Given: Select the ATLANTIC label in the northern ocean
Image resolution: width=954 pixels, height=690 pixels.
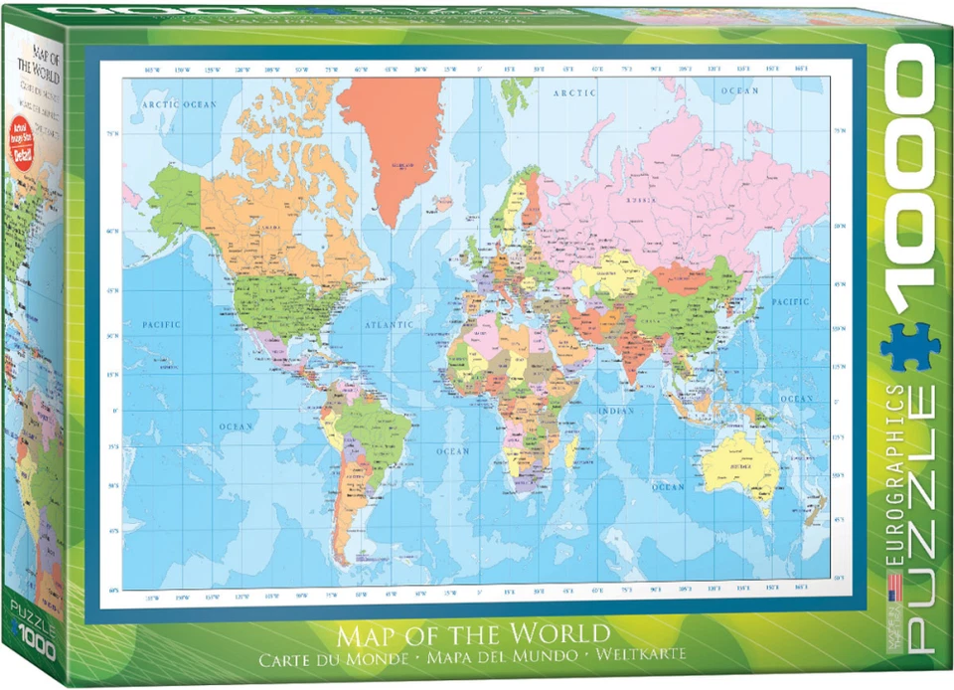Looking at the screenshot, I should [x=389, y=325].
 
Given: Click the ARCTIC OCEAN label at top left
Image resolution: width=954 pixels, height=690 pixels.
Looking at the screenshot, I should [x=178, y=103].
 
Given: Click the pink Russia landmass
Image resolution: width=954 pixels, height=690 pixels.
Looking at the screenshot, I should [x=676, y=189].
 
